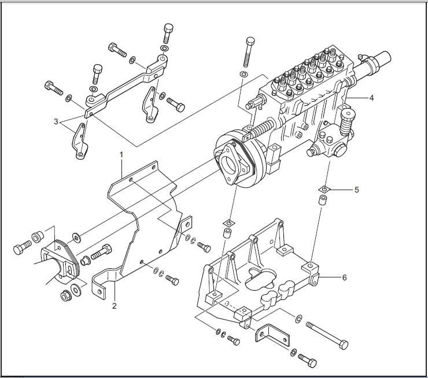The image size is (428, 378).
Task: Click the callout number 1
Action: pyautogui.click(x=121, y=154)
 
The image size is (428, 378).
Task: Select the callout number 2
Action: pyautogui.click(x=114, y=306)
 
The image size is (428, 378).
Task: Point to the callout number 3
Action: pyautogui.click(x=56, y=122)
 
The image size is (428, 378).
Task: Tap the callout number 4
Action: pyautogui.click(x=371, y=98)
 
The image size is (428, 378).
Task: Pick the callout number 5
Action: pyautogui.click(x=356, y=189)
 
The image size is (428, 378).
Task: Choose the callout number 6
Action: pyautogui.click(x=344, y=277)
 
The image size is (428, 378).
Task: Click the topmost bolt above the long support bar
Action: pyautogui.click(x=168, y=32)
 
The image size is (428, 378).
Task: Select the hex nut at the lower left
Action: pyautogui.click(x=67, y=297)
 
